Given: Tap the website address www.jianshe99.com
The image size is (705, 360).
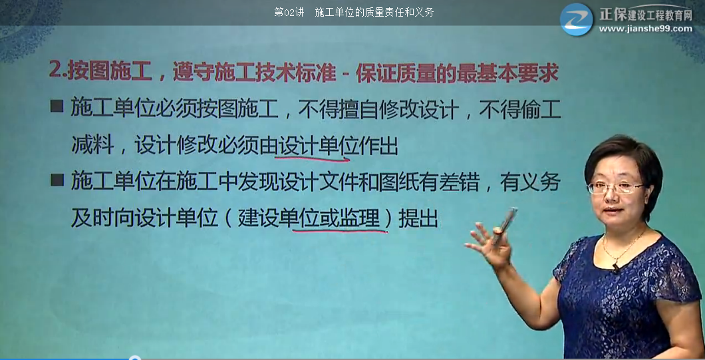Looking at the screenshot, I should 645,29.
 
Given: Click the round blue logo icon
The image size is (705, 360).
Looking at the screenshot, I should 576,19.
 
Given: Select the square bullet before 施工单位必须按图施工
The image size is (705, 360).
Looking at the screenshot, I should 57,106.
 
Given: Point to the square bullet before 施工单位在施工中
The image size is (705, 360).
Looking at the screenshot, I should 57,180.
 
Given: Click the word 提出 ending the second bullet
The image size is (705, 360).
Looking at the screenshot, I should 418,218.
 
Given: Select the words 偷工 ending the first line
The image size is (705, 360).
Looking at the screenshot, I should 541,108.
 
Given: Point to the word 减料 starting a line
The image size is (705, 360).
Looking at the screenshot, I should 90,145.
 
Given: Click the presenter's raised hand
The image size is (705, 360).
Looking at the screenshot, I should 490,243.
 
